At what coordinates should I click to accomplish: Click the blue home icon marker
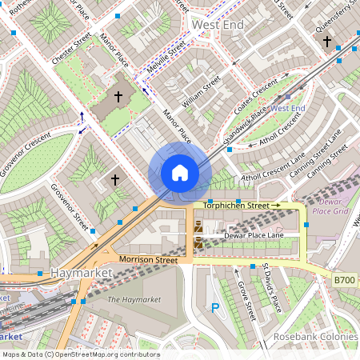coord(179,173)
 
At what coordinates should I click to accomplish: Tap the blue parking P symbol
coord(214,306)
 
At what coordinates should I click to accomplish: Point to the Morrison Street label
coord(147,260)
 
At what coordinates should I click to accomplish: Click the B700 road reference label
coord(344,278)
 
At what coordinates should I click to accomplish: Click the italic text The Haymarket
coord(134,299)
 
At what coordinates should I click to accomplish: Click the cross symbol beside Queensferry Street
coord(326,39)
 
